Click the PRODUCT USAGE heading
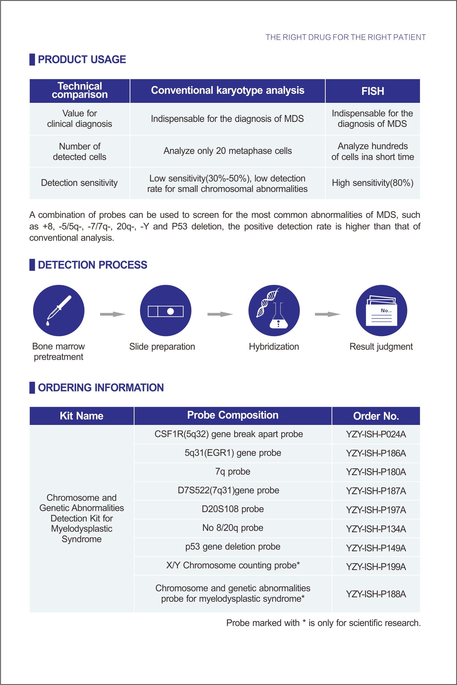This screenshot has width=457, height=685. coord(82,60)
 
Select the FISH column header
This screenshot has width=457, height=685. coord(373,91)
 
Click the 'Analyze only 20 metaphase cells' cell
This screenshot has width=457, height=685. coord(227,151)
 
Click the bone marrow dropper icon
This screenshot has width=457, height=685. coord(58,310)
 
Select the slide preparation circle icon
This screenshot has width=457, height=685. coord(165,310)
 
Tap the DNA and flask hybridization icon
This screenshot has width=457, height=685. coord(274,310)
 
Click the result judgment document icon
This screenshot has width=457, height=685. coord(381,310)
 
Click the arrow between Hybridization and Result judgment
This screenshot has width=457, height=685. coord(327,314)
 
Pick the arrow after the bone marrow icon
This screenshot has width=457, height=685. coord(113,314)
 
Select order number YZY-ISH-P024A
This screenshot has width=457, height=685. coord(376,434)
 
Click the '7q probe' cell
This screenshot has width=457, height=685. coord(232,472)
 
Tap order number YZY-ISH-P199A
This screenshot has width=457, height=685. coord(376,567)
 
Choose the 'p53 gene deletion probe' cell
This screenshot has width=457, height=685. coord(232,547)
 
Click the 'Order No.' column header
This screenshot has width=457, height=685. coord(376,416)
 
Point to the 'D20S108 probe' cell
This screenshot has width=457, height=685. coord(232,509)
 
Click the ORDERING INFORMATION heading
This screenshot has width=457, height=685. coord(101,387)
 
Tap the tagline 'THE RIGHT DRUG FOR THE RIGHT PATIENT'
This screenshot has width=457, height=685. coord(345,37)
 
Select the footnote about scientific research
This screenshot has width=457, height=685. coord(323,623)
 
